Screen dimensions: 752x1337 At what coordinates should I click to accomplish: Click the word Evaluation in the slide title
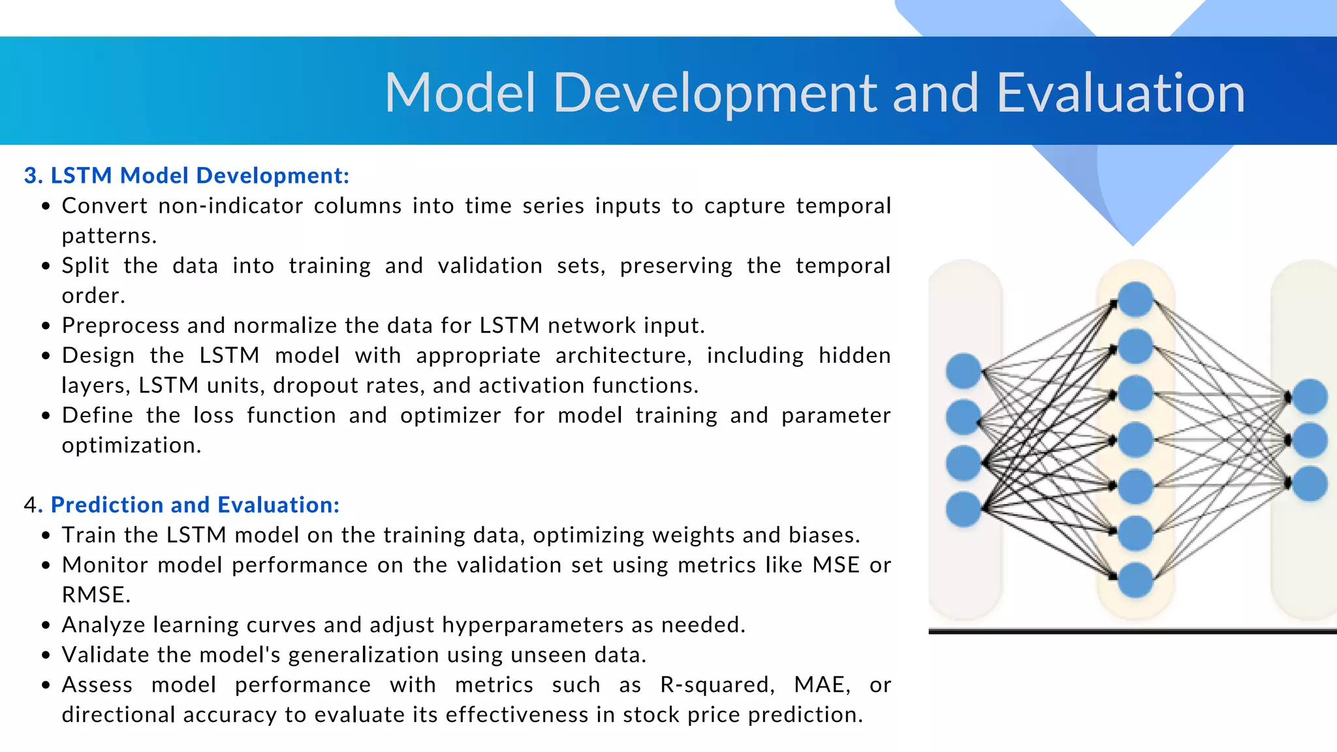click(1120, 93)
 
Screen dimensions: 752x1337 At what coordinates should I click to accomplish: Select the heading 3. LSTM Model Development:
click(187, 176)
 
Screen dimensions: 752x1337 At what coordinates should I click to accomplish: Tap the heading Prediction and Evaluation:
click(195, 505)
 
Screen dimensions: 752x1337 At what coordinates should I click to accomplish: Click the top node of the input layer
click(964, 371)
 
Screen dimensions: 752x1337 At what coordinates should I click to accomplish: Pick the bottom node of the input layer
click(964, 509)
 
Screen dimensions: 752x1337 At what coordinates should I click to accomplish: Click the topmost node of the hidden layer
click(1135, 299)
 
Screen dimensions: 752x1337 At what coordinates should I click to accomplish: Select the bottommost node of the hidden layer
click(1135, 580)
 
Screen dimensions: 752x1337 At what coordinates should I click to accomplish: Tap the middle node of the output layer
click(1310, 440)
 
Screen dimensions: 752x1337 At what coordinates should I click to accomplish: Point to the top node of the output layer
click(1310, 396)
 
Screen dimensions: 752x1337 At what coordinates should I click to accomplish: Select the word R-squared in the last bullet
click(717, 685)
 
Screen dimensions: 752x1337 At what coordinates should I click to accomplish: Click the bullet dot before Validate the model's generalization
click(46, 655)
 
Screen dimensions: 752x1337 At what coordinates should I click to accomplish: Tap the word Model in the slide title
click(460, 93)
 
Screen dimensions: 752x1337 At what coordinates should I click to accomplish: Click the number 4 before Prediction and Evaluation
click(30, 505)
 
